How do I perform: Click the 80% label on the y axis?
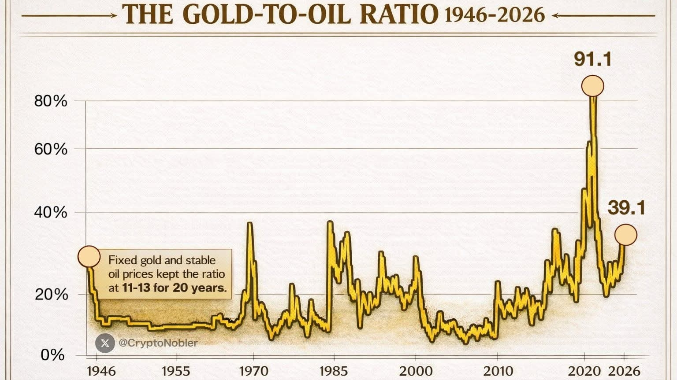[51, 101]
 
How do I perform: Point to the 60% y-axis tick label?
[51, 149]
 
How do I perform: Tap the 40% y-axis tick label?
[51, 213]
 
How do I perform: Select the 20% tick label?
[52, 294]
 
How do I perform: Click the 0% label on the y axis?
[52, 355]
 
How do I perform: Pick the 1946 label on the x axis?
[101, 371]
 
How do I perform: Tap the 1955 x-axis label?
[176, 371]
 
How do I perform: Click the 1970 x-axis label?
[253, 371]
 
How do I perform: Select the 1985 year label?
[334, 371]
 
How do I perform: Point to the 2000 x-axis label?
[416, 371]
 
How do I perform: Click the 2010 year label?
[498, 371]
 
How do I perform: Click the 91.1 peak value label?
[593, 59]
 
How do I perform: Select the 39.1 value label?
[626, 208]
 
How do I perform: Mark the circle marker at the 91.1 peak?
[592, 86]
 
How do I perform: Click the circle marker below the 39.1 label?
[626, 235]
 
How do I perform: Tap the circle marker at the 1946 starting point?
[89, 257]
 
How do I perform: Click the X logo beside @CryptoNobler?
[105, 343]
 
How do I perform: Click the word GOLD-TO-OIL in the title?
[266, 14]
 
